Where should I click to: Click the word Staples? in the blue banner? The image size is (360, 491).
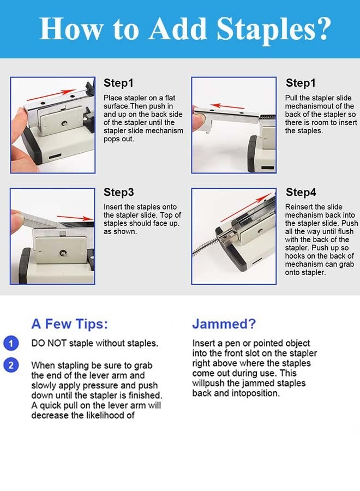(x=274, y=29)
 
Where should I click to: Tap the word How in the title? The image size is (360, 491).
(x=71, y=29)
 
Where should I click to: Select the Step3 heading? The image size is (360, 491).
(x=119, y=192)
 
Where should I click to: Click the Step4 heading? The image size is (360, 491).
(x=301, y=192)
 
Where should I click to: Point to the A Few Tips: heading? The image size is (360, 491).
(x=69, y=324)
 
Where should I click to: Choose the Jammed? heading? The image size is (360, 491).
(x=224, y=324)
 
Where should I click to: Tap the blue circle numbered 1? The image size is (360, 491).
(x=11, y=343)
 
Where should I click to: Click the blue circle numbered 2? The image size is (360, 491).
(x=11, y=366)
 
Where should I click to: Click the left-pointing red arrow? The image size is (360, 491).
(x=227, y=106)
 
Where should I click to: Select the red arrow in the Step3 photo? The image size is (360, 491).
(x=75, y=218)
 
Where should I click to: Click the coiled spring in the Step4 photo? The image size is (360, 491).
(x=206, y=245)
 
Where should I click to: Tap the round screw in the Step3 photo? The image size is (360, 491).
(x=63, y=253)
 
